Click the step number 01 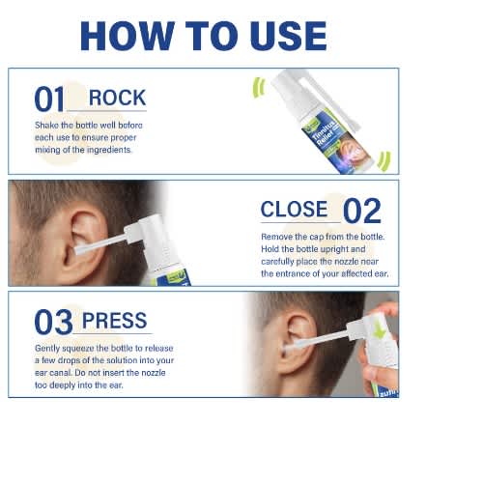(49, 99)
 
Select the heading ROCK (117, 98)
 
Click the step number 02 (362, 211)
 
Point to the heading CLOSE (294, 210)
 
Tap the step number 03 (53, 322)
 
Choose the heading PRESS (115, 321)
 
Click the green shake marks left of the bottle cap (259, 87)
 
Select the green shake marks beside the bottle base (384, 161)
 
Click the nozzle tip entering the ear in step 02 (77, 250)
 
